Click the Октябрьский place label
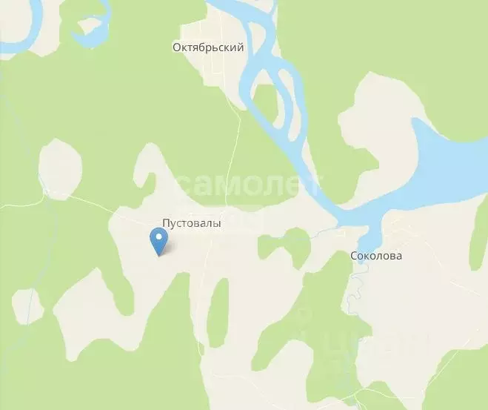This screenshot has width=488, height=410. tap(208, 47)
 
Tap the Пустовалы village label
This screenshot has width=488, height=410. tap(192, 222)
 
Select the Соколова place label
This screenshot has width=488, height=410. tap(376, 256)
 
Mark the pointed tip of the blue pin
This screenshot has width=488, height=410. tap(158, 255)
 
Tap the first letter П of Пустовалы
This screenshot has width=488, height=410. tap(166, 222)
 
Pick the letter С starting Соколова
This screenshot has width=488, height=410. tap(353, 256)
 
